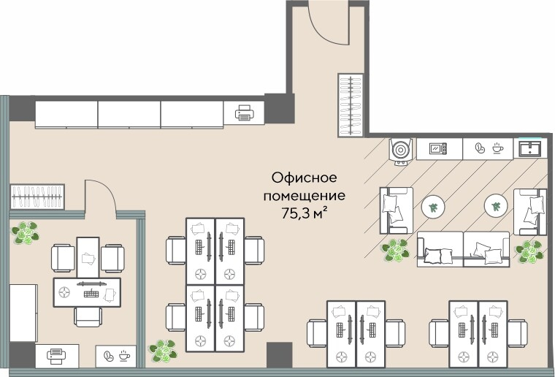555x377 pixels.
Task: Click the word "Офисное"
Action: click(303, 178)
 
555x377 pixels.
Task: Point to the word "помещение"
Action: click(303, 196)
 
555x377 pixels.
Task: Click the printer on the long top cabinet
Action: click(245, 113)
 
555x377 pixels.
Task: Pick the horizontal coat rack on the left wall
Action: click(37, 197)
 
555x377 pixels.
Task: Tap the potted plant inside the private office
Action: click(26, 233)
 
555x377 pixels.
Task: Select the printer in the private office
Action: click(56, 356)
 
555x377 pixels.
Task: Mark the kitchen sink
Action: click(529, 148)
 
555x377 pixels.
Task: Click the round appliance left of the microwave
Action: click(401, 151)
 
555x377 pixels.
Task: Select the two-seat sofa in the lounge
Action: click(463, 248)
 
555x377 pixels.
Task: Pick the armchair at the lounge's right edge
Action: click(529, 211)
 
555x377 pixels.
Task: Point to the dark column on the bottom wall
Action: click(279, 355)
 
